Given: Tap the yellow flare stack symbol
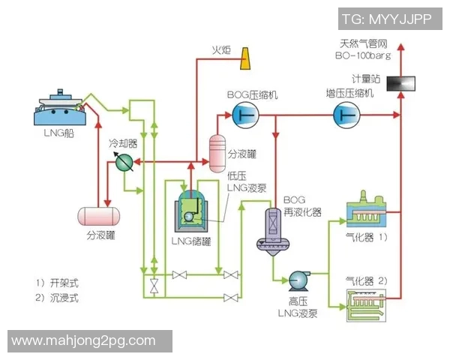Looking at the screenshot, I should [x=245, y=58].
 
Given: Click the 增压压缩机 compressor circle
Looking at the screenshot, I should [x=346, y=114].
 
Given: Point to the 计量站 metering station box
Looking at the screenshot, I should [x=400, y=82].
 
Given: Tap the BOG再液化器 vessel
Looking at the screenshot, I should [x=271, y=229].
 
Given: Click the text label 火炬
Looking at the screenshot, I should [x=220, y=51].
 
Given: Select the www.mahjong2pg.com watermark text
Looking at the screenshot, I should [x=84, y=341].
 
